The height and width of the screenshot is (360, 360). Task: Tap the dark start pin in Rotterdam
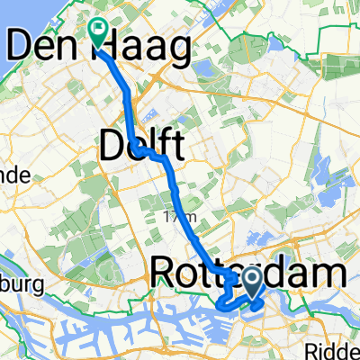[253, 279]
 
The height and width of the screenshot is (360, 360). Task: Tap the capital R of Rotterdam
[163, 272]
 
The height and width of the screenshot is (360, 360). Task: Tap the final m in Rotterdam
[329, 272]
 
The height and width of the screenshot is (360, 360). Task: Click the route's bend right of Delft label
[166, 158]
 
